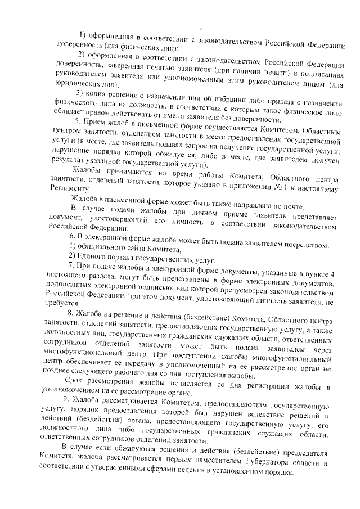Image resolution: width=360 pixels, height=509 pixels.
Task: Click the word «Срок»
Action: [x=82, y=388]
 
